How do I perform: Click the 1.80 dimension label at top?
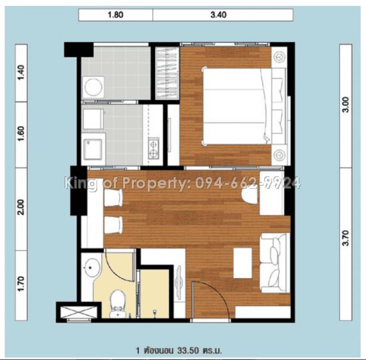point(115,15)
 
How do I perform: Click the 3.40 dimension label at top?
point(218,15)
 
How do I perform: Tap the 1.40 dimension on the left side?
point(21,73)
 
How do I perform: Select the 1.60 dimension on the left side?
point(21,134)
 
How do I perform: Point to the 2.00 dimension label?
point(21,207)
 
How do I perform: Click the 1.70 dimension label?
point(21,283)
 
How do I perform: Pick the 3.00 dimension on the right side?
point(345,105)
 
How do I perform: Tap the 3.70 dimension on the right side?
point(345,238)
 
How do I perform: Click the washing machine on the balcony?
point(93,87)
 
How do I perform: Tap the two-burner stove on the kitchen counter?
point(154,148)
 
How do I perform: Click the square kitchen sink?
point(93,149)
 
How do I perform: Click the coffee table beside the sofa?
point(243,263)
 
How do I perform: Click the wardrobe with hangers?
point(167,73)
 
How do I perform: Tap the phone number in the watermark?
point(248,183)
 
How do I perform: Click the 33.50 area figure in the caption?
point(188,350)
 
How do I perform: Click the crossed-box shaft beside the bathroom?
point(79,312)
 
